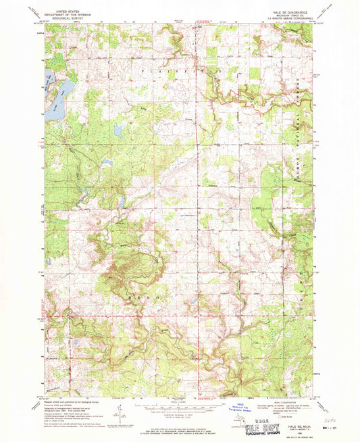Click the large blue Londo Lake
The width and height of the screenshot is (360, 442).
click(x=55, y=95)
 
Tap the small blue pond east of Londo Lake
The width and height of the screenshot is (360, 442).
click(x=115, y=129)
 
